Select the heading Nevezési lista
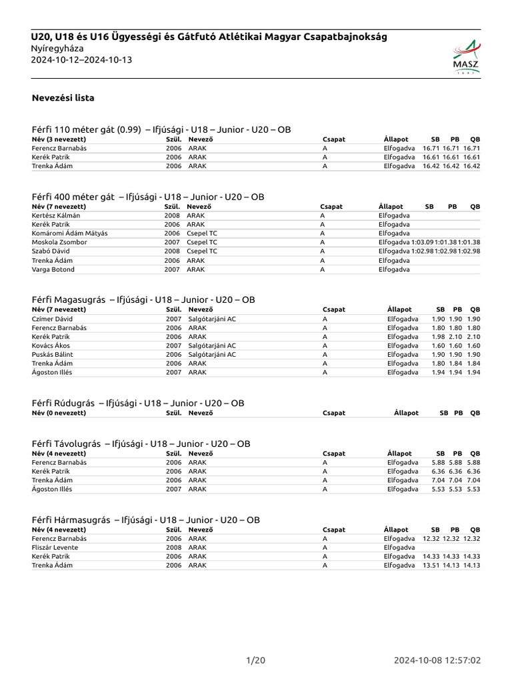tap(63, 98)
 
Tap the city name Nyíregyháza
tap(63, 49)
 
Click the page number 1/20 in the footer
tap(255, 660)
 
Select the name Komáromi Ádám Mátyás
tap(69, 233)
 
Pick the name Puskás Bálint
tap(53, 354)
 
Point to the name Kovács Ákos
tap(52, 346)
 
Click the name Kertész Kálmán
tap(56, 215)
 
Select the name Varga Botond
tap(53, 269)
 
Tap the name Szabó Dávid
tap(51, 251)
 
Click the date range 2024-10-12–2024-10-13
tap(81, 60)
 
